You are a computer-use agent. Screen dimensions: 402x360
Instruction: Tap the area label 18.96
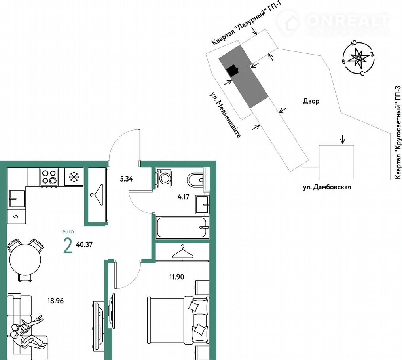[55, 301]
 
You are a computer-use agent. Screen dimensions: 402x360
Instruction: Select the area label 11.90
[176, 277]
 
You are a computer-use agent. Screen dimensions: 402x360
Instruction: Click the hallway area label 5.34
[126, 172]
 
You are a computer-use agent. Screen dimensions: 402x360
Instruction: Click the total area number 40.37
[84, 244]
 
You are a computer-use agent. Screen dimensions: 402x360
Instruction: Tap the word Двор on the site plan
[311, 101]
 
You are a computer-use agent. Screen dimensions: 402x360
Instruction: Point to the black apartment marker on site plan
[233, 71]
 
